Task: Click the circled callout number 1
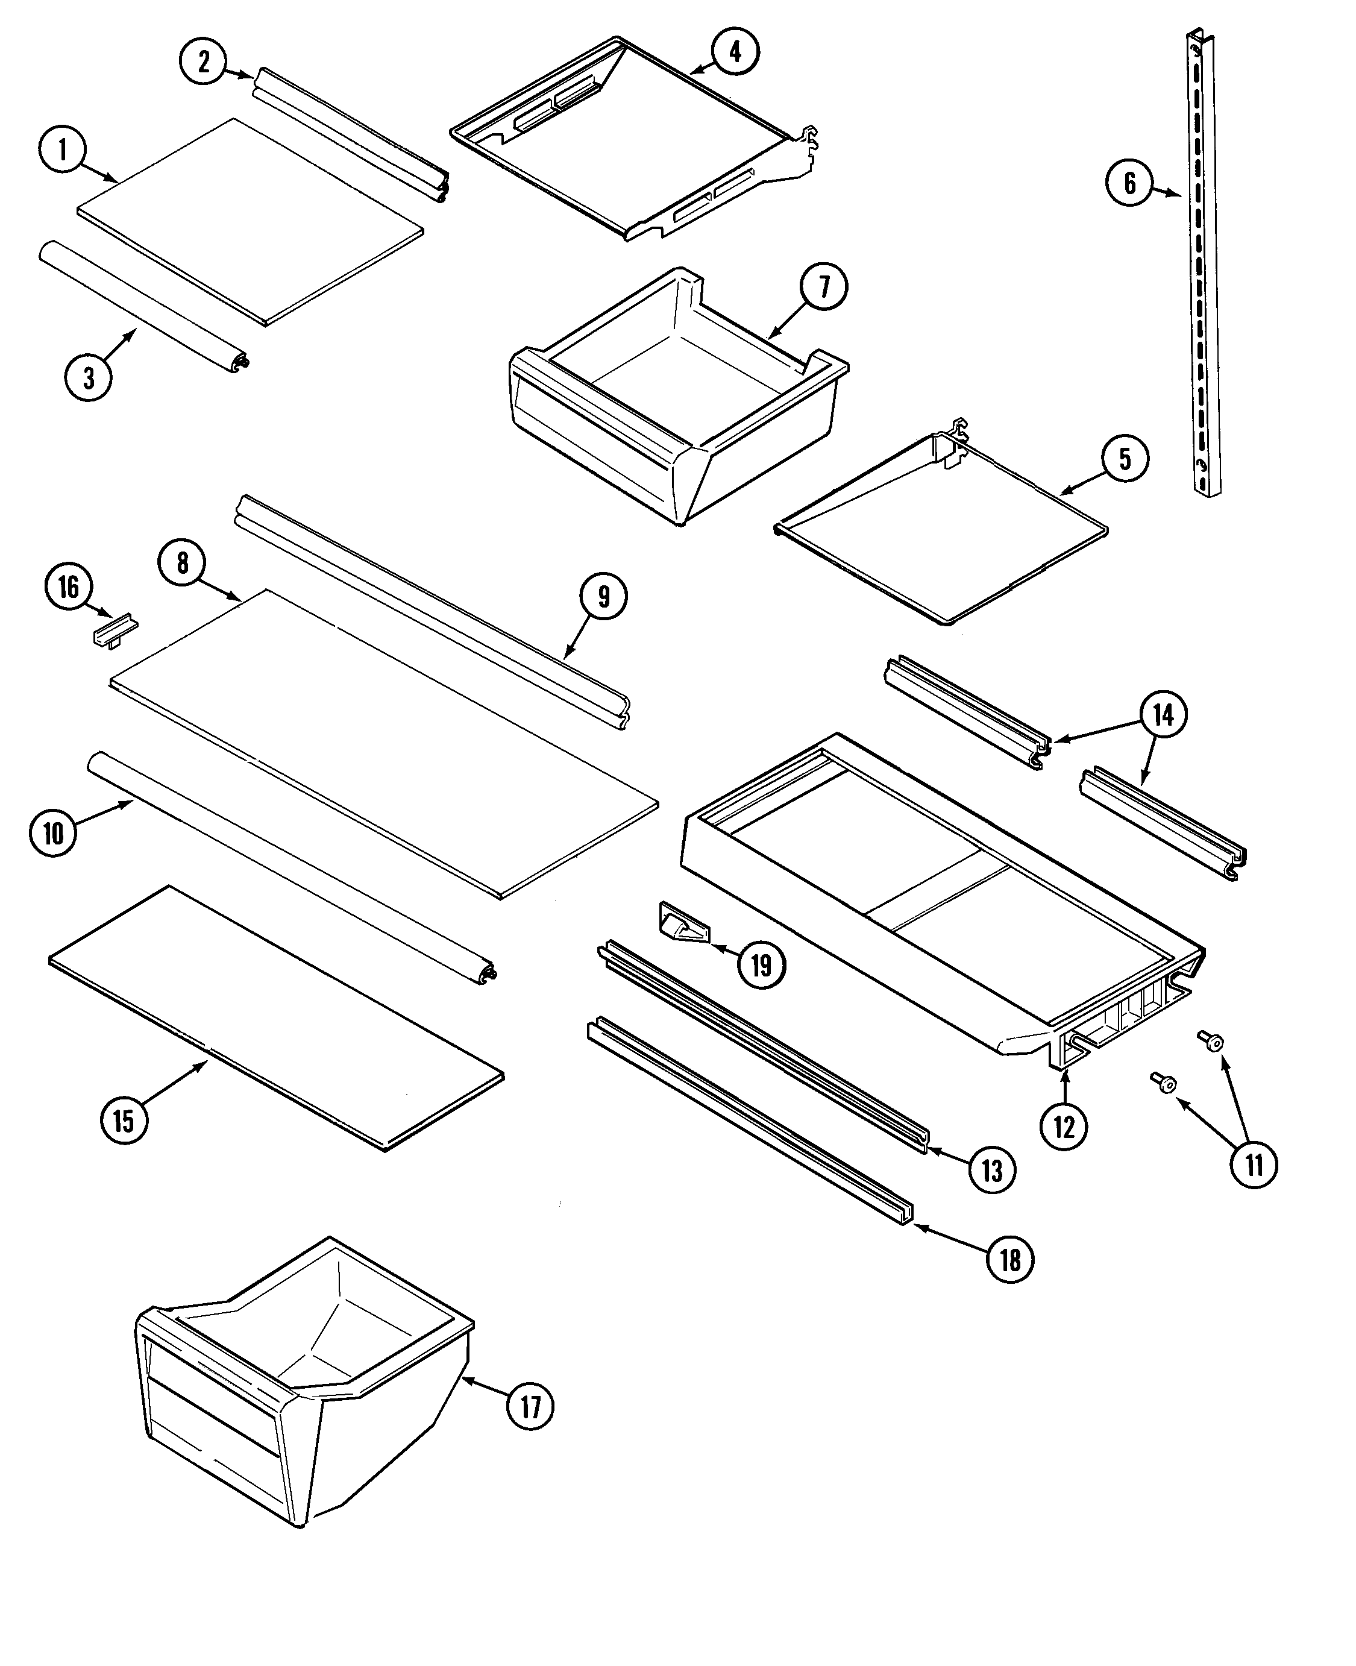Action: click(x=63, y=150)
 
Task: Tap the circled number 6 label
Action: click(x=1130, y=184)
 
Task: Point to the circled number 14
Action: click(x=1163, y=715)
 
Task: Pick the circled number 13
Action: click(x=991, y=1170)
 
